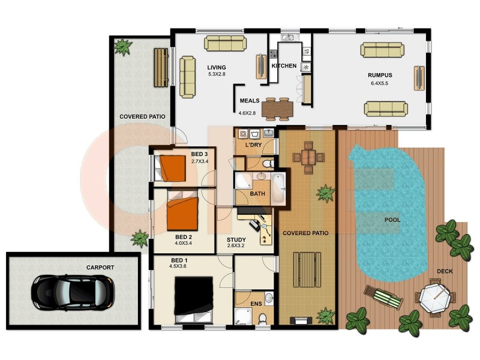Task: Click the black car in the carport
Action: [72, 291]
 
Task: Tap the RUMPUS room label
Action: [379, 75]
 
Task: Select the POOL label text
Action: [392, 220]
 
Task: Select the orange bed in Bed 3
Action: [174, 168]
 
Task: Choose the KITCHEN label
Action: [284, 65]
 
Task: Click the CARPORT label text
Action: [100, 268]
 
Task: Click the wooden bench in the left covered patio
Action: [161, 66]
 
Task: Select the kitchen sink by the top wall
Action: [288, 38]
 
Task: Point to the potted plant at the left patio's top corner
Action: [124, 47]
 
